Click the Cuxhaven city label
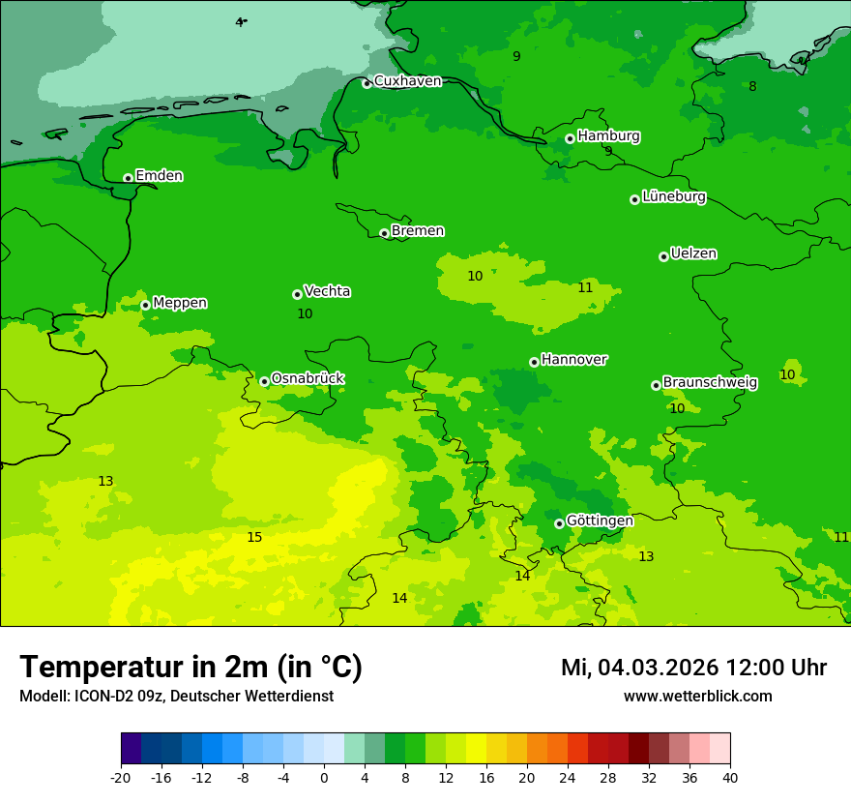click(407, 81)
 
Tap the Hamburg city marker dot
click(570, 139)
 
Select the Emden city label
click(159, 176)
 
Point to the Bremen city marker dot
click(384, 233)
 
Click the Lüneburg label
click(673, 197)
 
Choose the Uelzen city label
click(693, 254)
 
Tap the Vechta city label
click(327, 291)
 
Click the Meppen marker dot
click(145, 305)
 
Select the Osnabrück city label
click(308, 378)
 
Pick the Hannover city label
click(573, 360)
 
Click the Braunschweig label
click(710, 383)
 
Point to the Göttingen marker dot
click(559, 523)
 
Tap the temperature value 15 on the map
click(254, 538)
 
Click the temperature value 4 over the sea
click(239, 22)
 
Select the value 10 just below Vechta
click(305, 314)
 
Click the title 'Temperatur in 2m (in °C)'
click(191, 668)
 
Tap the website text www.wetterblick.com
click(697, 697)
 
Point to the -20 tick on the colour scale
click(121, 778)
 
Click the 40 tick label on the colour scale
click(730, 778)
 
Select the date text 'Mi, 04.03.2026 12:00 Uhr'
click(693, 668)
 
